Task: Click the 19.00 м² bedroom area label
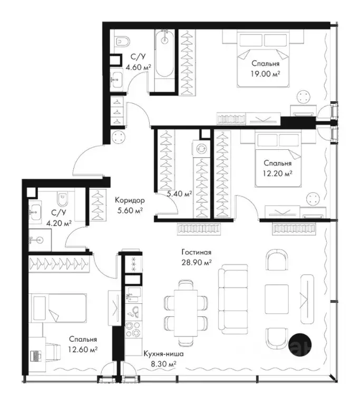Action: point(266,74)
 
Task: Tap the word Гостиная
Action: point(197,252)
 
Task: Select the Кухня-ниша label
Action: point(164,354)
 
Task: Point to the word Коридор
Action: point(130,200)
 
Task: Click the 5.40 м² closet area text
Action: point(179,194)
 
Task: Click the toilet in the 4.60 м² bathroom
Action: point(122,41)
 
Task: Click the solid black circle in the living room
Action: point(300,344)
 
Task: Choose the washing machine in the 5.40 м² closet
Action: point(200,149)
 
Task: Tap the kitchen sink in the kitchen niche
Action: point(133,295)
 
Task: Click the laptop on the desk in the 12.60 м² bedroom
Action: point(36,356)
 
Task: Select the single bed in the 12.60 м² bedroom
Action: point(57,307)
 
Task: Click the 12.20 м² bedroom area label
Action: point(278,173)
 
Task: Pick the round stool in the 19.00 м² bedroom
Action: point(304,98)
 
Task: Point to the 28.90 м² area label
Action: point(197,263)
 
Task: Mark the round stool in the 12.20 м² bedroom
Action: point(314,199)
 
